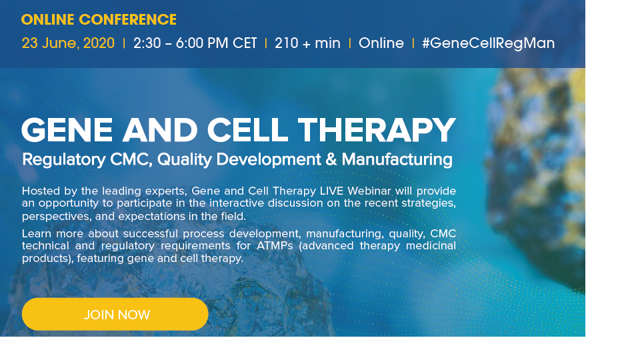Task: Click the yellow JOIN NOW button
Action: [115, 314]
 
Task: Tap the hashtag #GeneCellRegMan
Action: [488, 43]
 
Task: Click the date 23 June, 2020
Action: [68, 43]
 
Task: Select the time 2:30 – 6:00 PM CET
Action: [195, 43]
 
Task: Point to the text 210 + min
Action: [307, 43]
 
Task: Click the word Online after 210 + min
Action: [381, 43]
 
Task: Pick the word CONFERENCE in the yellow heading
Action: [128, 19]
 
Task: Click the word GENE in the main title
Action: [67, 130]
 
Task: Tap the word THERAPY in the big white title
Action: [376, 130]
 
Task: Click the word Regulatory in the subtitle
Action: [64, 159]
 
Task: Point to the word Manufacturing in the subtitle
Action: [397, 159]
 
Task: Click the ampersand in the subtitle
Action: [331, 159]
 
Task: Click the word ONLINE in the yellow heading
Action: [48, 19]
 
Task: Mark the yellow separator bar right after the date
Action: [124, 43]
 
